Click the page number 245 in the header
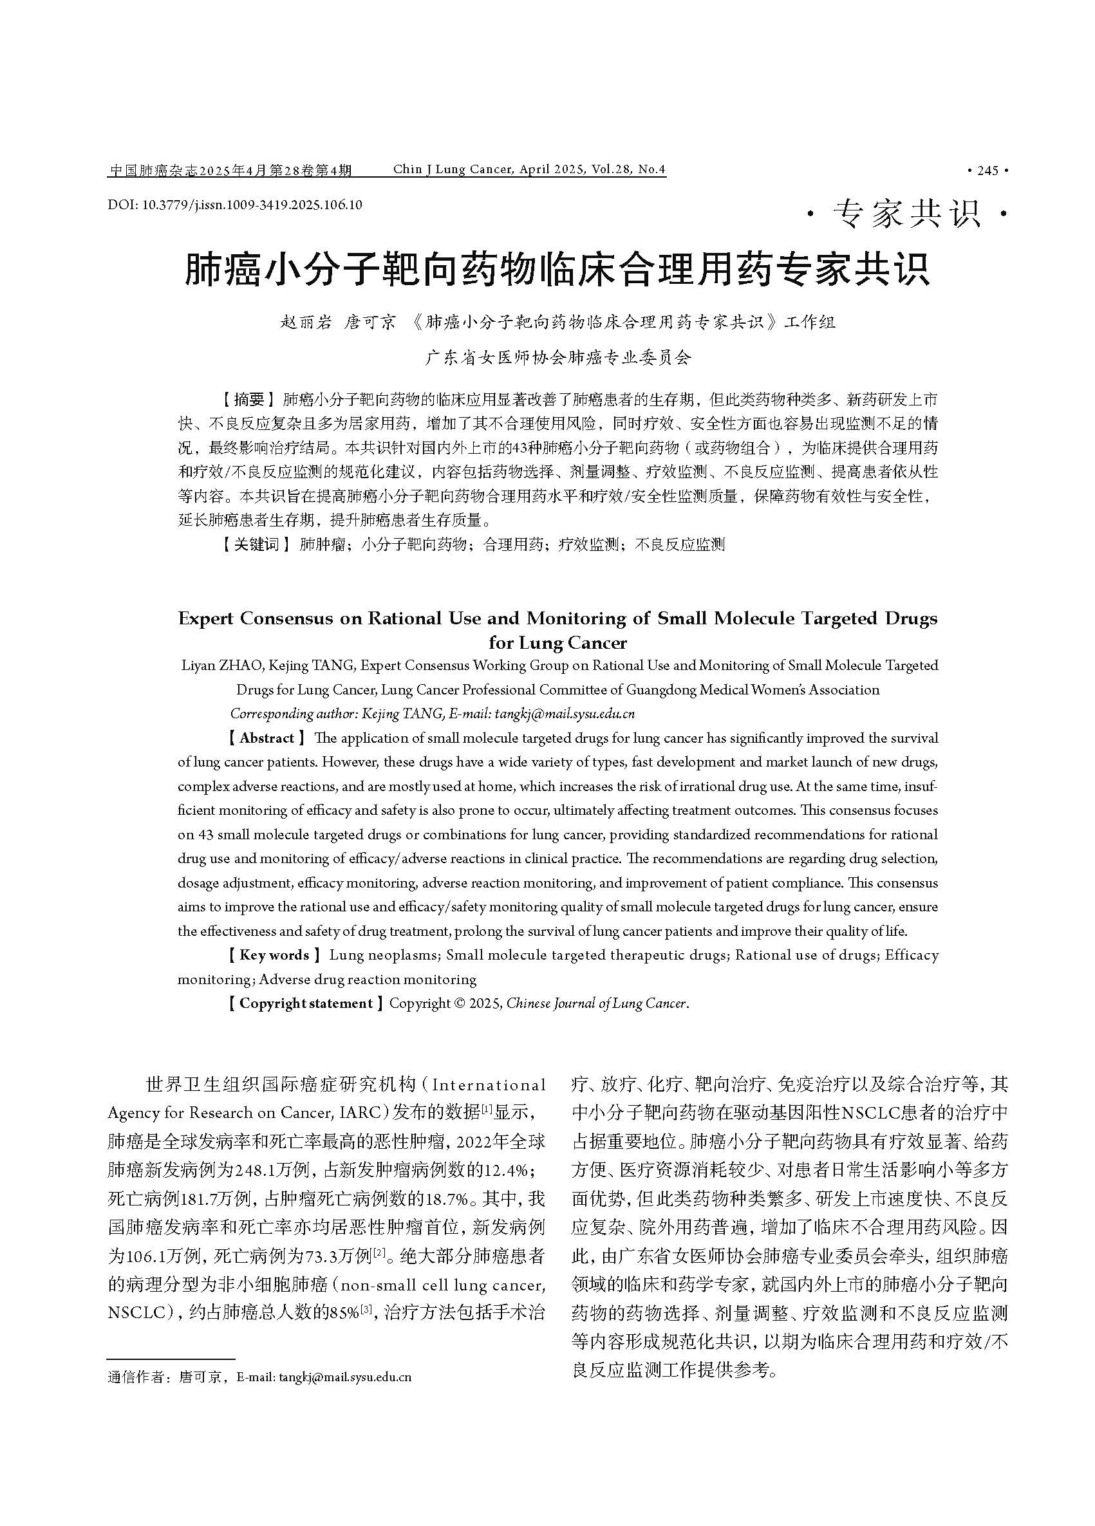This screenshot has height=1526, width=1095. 987,171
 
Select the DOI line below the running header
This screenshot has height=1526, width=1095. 234,205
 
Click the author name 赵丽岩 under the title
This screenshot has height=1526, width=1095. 306,322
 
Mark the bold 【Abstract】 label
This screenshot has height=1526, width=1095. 267,738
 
